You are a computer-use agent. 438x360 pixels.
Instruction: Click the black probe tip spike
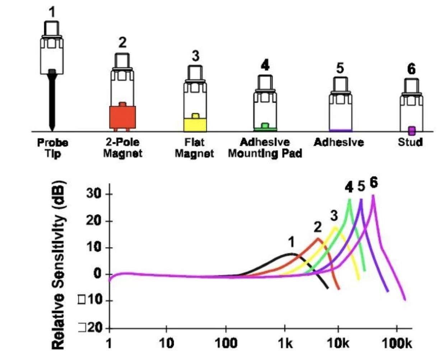(x=52, y=101)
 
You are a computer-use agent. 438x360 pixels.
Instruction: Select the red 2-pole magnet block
(x=122, y=117)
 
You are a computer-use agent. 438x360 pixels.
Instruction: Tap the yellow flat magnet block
(x=195, y=124)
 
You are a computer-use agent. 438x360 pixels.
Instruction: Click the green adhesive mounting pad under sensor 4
(x=265, y=128)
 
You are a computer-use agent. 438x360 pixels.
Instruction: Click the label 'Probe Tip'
(x=52, y=148)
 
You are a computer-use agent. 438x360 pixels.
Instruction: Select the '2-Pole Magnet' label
(x=122, y=148)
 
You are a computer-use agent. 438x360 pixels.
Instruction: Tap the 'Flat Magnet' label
(x=194, y=148)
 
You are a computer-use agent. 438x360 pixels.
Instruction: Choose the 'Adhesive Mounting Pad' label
(x=265, y=148)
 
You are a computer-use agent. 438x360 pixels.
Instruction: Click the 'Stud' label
(x=410, y=143)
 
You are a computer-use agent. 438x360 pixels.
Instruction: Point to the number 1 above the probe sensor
(x=52, y=12)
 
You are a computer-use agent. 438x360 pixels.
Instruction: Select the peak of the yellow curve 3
(x=335, y=227)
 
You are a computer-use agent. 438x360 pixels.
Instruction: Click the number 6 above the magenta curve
(x=373, y=183)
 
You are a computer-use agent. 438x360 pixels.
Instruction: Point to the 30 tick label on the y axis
(x=94, y=194)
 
